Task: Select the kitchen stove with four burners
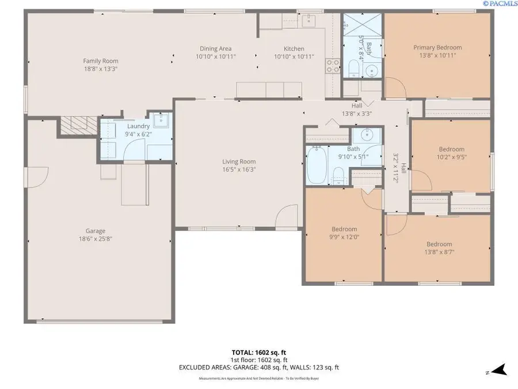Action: pyautogui.click(x=333, y=66)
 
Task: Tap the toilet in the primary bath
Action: pyautogui.click(x=355, y=70)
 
